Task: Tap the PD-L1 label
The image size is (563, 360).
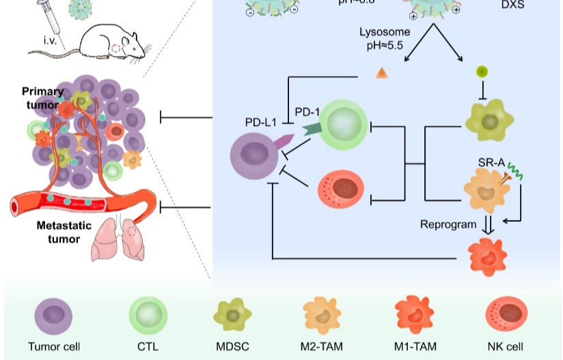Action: pyautogui.click(x=260, y=123)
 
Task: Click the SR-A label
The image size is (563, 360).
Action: pyautogui.click(x=495, y=163)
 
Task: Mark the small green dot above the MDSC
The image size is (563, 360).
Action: pyautogui.click(x=482, y=71)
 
